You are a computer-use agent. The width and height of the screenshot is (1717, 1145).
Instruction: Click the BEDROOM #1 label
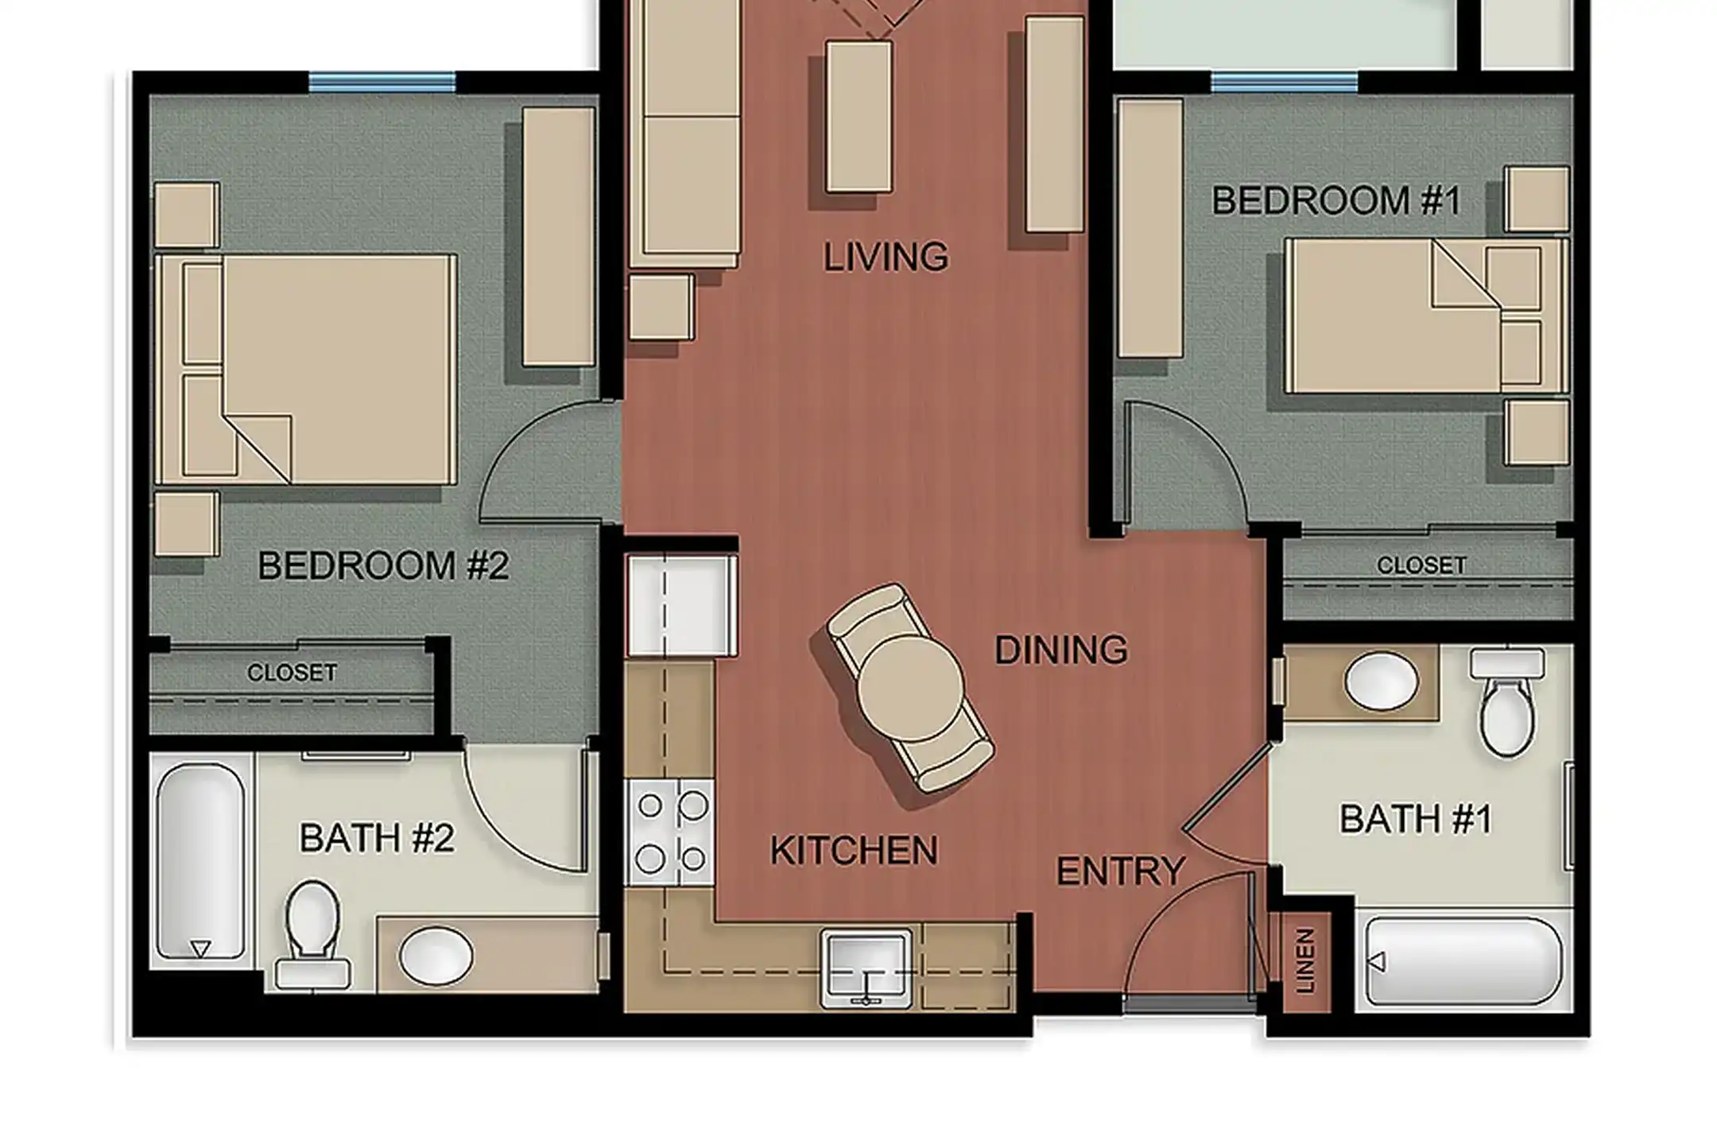pos(1336,200)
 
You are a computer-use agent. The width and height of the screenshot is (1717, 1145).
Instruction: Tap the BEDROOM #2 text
pos(383,566)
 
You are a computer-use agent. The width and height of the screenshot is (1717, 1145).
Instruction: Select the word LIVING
pos(886,257)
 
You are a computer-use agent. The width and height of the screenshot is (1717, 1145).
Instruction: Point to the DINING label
pos(1061,650)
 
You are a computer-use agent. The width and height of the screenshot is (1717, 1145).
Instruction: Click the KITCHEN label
pos(854,851)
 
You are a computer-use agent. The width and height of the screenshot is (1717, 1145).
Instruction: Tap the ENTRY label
pos(1121,871)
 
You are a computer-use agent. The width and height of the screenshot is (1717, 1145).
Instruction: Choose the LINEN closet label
pos(1305,961)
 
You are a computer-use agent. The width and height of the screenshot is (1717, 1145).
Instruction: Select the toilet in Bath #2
pos(312,935)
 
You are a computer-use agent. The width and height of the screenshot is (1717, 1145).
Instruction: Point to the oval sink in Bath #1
pos(1382,682)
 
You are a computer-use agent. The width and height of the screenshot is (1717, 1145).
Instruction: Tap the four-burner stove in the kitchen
pos(669,832)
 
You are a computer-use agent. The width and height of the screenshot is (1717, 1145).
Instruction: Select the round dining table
pos(910,687)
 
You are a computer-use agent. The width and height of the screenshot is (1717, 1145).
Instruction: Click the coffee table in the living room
pos(858,117)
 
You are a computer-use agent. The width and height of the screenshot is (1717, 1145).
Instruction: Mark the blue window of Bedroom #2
pos(382,82)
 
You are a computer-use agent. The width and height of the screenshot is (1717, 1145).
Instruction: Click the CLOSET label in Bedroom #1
pos(1421,565)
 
